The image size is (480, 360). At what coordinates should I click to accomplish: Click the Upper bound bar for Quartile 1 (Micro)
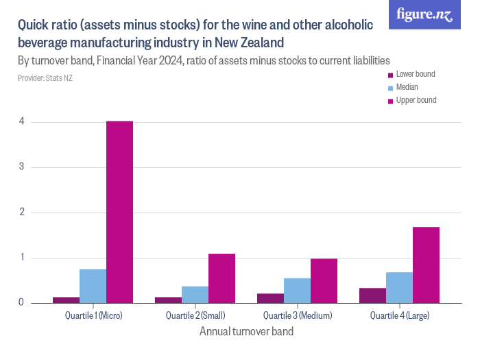pyautogui.click(x=119, y=212)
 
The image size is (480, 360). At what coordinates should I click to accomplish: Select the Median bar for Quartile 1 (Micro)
pyautogui.click(x=93, y=286)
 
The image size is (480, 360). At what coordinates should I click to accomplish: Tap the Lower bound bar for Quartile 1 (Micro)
pyautogui.click(x=67, y=300)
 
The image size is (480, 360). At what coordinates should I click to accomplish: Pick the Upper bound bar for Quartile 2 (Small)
pyautogui.click(x=221, y=278)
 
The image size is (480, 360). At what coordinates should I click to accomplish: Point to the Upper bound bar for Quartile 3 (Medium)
pyautogui.click(x=324, y=280)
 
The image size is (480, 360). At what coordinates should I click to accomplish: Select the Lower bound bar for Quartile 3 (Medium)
pyautogui.click(x=270, y=298)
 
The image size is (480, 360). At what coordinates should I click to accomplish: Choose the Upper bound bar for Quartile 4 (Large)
pyautogui.click(x=426, y=265)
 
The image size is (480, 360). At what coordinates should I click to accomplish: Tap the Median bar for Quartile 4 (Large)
pyautogui.click(x=399, y=287)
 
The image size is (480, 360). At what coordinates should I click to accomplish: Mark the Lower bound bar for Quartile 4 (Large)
pyautogui.click(x=372, y=296)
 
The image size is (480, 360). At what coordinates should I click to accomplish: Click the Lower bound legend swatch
pyautogui.click(x=390, y=75)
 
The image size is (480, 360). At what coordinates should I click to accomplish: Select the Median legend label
pyautogui.click(x=407, y=87)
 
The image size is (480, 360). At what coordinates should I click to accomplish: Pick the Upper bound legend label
pyautogui.click(x=416, y=100)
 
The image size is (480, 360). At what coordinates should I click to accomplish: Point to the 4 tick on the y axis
pyautogui.click(x=22, y=122)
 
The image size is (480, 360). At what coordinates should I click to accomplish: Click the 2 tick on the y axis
pyautogui.click(x=22, y=213)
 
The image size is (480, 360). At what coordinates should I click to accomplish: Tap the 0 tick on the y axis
pyautogui.click(x=22, y=302)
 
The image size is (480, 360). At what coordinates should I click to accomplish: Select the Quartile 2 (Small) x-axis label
pyautogui.click(x=195, y=316)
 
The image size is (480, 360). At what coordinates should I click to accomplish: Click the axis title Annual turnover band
pyautogui.click(x=246, y=332)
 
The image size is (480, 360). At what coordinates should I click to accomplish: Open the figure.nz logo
pyautogui.click(x=424, y=14)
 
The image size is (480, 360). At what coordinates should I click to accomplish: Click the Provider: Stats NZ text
pyautogui.click(x=45, y=78)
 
